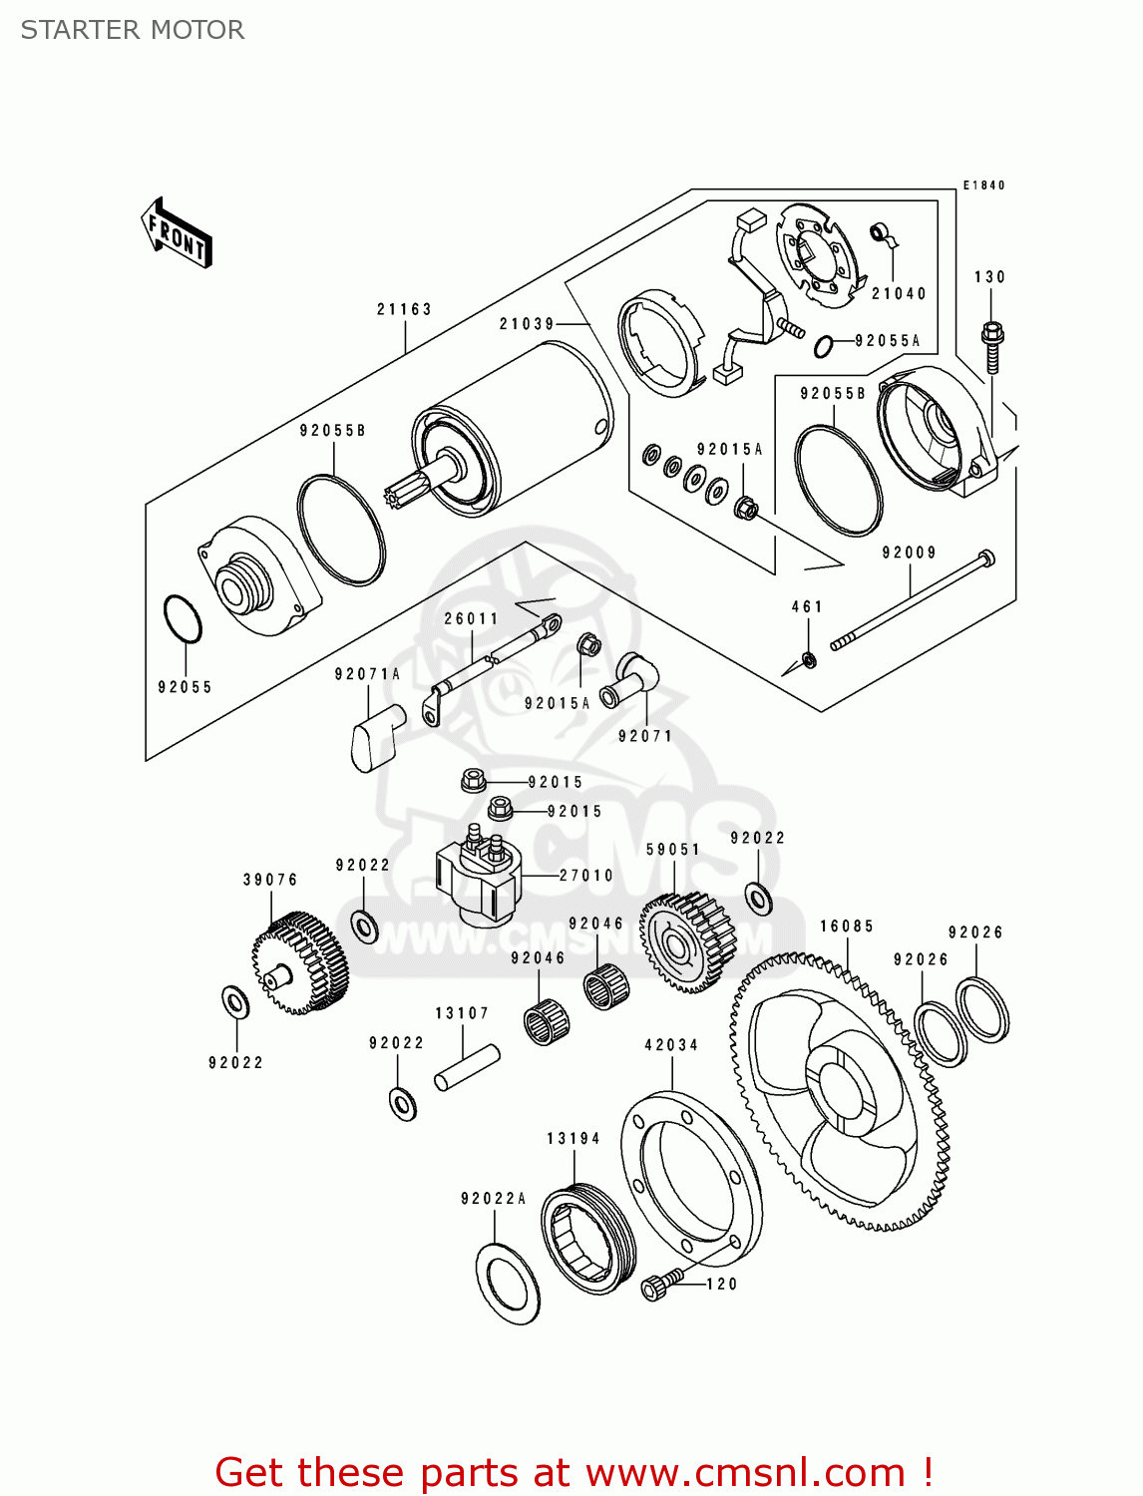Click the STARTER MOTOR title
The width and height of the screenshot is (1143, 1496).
(x=133, y=30)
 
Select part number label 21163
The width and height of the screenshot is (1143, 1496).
(x=404, y=309)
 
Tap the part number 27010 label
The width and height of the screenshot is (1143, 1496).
(x=586, y=876)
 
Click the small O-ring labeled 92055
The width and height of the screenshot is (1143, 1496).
(x=183, y=620)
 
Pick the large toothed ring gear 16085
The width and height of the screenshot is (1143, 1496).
(x=840, y=1092)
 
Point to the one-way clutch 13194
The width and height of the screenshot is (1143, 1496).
(x=588, y=1239)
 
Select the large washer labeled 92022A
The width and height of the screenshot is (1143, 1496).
(x=508, y=1285)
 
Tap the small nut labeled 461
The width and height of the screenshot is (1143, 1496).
(x=809, y=659)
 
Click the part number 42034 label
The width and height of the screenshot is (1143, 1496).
(x=671, y=1045)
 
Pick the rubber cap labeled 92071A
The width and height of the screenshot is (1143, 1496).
(x=376, y=736)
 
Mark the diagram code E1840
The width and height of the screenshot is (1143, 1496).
(x=983, y=186)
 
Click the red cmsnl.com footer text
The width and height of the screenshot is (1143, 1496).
(x=573, y=1473)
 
